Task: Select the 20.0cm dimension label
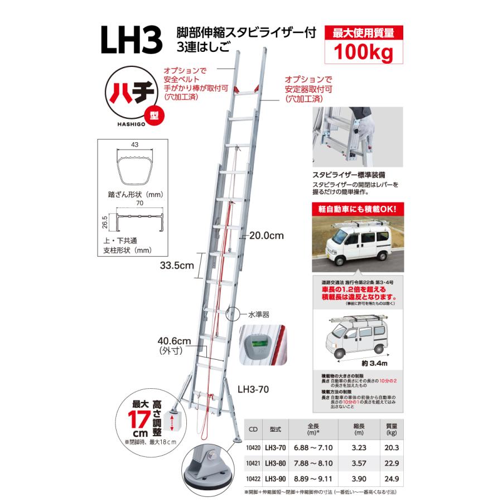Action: tap(267, 236)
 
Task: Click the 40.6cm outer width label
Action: tap(175, 341)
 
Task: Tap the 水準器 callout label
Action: tap(258, 315)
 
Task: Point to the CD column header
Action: tap(253, 429)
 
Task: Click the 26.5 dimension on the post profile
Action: tap(104, 223)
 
